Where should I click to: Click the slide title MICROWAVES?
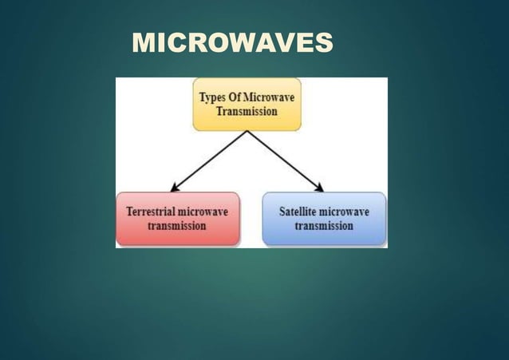coord(232,43)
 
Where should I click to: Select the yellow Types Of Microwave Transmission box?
coord(247,104)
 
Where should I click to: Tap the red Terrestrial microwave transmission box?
coord(177,219)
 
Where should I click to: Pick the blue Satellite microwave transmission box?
coord(324,219)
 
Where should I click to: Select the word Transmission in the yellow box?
coord(247,112)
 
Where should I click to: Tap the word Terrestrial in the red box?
coord(152,212)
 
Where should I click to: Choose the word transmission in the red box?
coord(177,226)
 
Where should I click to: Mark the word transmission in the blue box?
coord(324,226)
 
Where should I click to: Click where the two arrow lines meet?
coord(247,132)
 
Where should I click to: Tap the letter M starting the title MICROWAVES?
coord(142,43)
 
